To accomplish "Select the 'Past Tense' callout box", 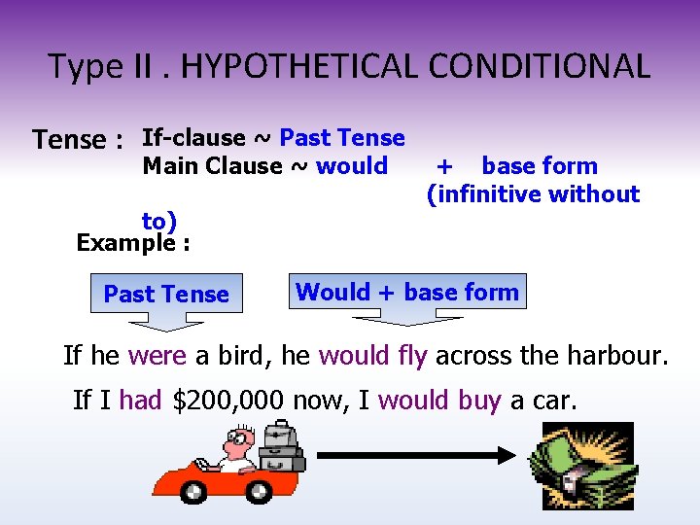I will coord(166,294).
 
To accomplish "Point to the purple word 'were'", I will coord(157,356).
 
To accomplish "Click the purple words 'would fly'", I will coord(372,356).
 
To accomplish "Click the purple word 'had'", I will coord(141,400).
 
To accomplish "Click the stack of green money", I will coord(580,467).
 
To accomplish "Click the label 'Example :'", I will coord(133,242).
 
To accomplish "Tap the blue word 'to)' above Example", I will coord(159,222).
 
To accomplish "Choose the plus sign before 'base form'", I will coord(444,166).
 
